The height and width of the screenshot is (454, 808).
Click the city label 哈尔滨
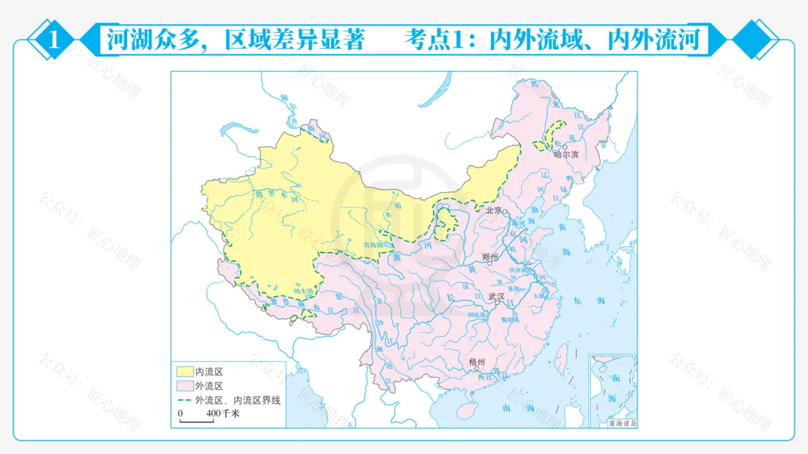coord(566,155)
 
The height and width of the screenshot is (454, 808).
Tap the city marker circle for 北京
coord(505,212)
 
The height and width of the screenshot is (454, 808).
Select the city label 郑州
coord(491,257)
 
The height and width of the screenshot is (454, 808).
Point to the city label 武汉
coord(496,296)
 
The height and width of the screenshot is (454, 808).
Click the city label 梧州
coord(477,362)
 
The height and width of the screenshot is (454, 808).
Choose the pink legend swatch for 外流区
coord(184,386)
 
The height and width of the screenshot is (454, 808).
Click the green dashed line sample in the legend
coord(184,401)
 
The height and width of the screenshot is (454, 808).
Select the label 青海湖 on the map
coord(373,245)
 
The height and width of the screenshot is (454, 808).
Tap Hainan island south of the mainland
coord(467,410)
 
